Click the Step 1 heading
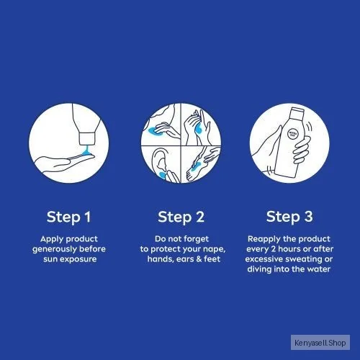tap(68, 217)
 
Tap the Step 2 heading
tap(181, 217)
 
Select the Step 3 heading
tap(289, 217)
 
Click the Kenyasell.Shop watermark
tap(320, 343)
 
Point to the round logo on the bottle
tap(293, 134)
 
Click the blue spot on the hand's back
tap(198, 130)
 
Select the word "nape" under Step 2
tap(215, 250)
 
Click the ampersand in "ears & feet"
tap(199, 259)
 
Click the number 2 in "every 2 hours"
tap(274, 249)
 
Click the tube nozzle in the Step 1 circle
tap(87, 138)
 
